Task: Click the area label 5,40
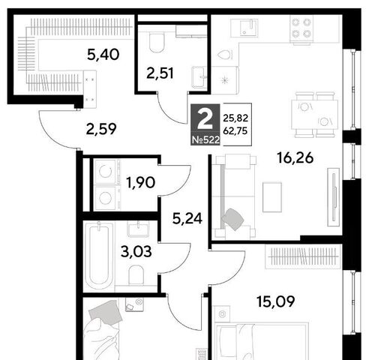[103, 55]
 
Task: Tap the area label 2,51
[160, 73]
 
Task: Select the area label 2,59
[101, 129]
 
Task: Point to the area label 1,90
[140, 182]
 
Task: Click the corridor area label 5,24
[187, 219]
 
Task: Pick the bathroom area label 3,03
[136, 251]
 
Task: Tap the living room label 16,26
[295, 157]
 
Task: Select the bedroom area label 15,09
[276, 301]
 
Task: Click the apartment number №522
[205, 140]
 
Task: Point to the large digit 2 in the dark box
[205, 120]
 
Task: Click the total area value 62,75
[235, 130]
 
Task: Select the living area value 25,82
[235, 118]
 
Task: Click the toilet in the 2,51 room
[157, 43]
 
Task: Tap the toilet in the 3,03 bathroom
[136, 275]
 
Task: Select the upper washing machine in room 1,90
[106, 172]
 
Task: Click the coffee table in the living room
[272, 197]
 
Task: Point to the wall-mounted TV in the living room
[334, 197]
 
